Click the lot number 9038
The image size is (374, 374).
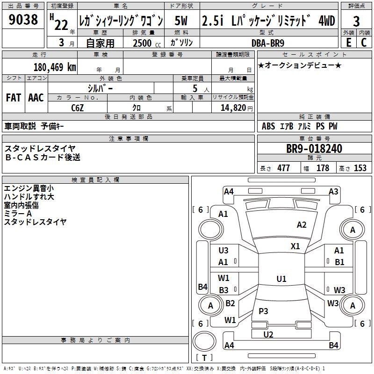23,20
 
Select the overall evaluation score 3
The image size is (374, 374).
356,22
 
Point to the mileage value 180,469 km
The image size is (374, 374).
54,67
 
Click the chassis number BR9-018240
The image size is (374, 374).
314,149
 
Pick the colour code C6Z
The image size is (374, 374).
78,108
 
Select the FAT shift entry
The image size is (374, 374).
13,98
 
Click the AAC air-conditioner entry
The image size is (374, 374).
36,98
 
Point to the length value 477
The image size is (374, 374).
283,168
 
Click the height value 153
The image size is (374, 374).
360,168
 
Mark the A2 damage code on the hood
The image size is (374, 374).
302,225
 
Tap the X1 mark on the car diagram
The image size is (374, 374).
295,246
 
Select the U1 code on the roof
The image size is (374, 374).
281,279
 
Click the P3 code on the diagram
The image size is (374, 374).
263,311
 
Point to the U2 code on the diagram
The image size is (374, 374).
268,334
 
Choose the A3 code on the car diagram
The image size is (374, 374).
333,191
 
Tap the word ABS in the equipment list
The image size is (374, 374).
268,126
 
